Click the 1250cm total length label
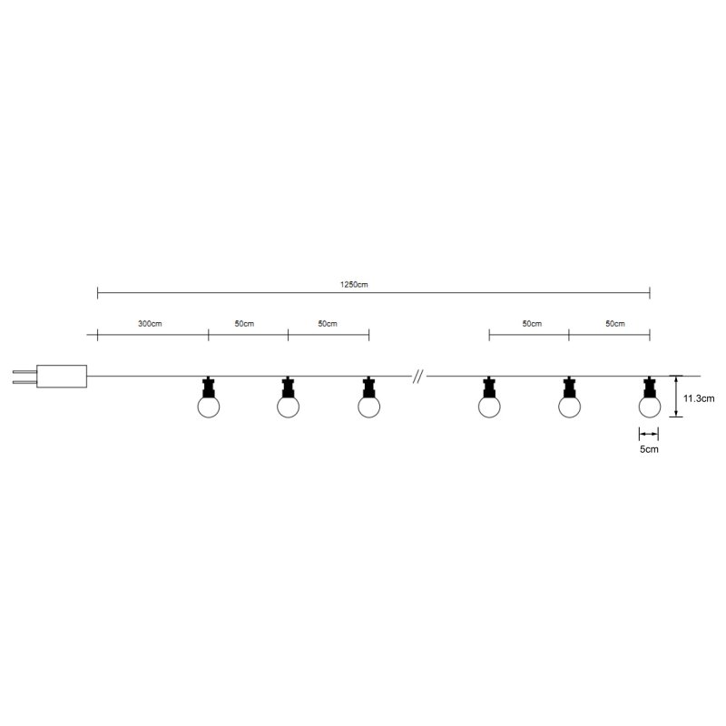click(354, 284)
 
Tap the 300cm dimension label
click(150, 324)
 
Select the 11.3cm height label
click(699, 398)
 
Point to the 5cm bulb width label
click(649, 449)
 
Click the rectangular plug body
click(62, 377)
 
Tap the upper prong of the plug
click(25, 372)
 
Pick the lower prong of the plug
click(25, 381)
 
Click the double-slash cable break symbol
click(417, 377)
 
